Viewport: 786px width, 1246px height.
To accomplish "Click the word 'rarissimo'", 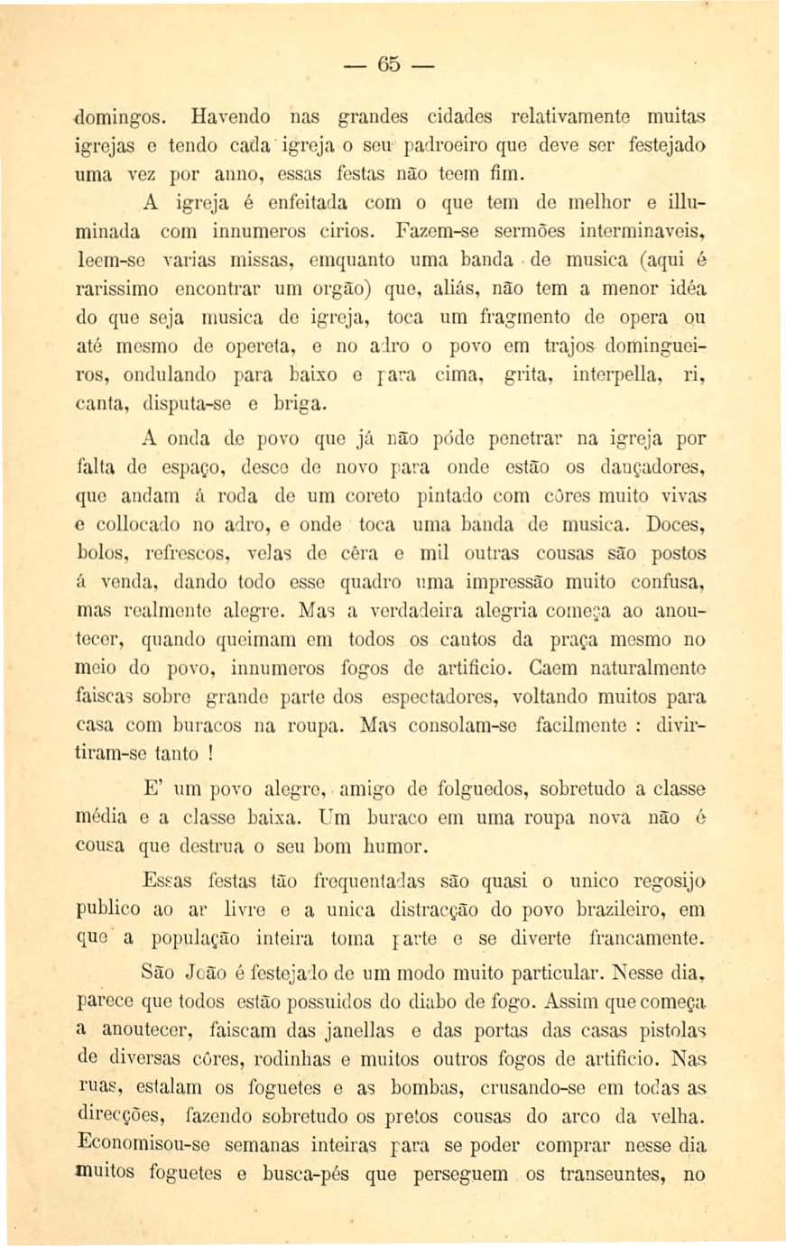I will point(116,289).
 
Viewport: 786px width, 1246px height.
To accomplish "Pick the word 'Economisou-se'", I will point(143,1145).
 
